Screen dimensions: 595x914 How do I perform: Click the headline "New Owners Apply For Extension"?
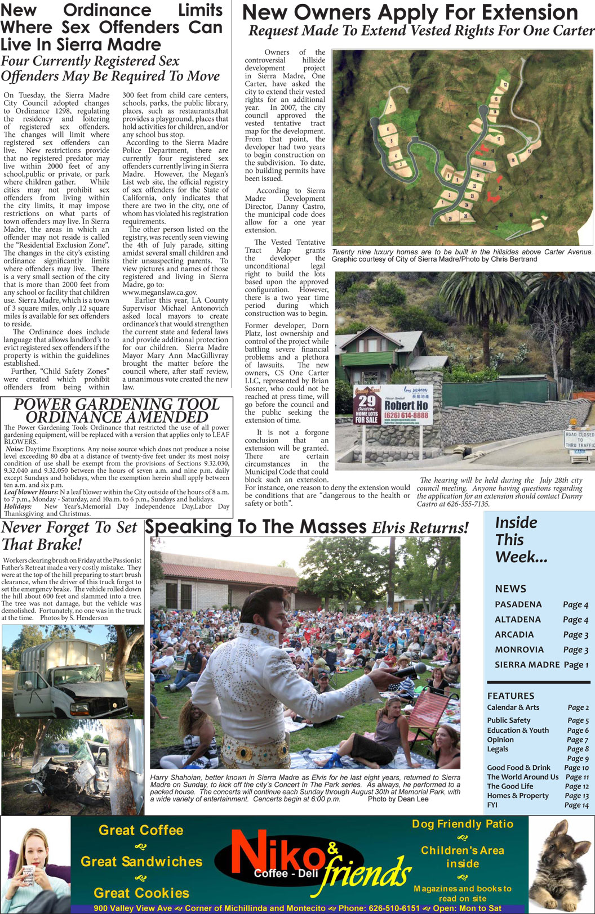tap(410, 13)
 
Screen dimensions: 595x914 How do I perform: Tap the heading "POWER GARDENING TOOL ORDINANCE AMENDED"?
tap(117, 410)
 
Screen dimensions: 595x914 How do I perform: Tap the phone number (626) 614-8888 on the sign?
tap(406, 416)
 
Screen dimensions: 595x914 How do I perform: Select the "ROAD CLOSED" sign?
tap(580, 439)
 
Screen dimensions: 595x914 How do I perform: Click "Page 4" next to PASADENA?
tap(575, 604)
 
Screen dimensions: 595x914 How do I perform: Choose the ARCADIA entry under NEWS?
tap(514, 634)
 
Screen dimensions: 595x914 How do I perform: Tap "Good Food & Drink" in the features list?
tap(518, 767)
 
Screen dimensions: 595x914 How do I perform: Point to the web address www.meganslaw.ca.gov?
tap(160, 293)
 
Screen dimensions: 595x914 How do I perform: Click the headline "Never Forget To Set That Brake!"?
tap(69, 536)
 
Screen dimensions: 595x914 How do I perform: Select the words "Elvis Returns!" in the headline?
tap(420, 528)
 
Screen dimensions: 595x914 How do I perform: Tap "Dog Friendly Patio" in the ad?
tap(463, 824)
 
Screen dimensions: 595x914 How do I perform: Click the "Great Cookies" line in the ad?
tap(141, 893)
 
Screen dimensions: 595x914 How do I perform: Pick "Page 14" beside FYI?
tap(576, 805)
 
